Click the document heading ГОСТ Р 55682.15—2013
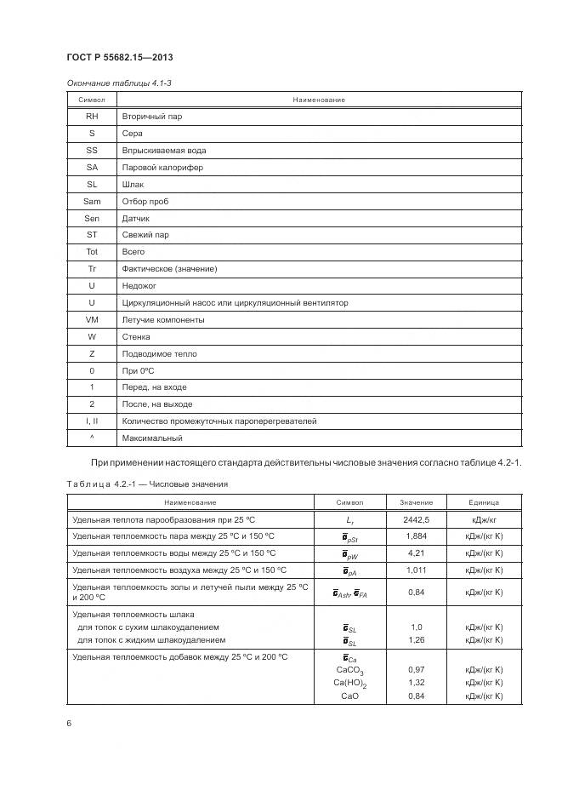click(120, 57)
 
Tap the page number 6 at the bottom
click(69, 723)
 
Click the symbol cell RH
click(92, 117)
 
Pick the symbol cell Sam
click(92, 201)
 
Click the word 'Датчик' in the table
click(135, 218)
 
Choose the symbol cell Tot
click(92, 252)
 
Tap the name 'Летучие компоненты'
click(162, 319)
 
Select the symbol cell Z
click(92, 353)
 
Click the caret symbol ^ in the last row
click(92, 438)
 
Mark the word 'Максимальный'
click(152, 438)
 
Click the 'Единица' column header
click(483, 502)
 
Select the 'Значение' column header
click(416, 502)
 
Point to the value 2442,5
click(416, 518)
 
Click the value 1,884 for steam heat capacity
click(416, 535)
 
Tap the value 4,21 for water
click(416, 553)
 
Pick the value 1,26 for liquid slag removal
click(416, 639)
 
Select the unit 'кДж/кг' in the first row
click(483, 518)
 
